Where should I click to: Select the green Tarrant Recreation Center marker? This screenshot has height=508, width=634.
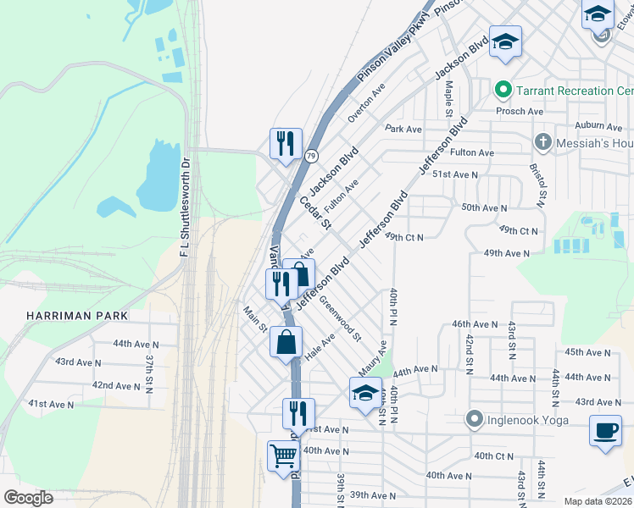pos(503,90)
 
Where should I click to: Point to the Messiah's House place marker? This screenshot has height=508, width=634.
pos(543,142)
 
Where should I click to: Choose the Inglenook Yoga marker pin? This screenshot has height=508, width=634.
pos(474,419)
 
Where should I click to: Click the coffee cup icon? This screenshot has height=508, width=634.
pos(606,428)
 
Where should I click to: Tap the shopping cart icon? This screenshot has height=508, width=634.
pos(284,456)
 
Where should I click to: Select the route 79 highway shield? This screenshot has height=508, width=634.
pos(312,156)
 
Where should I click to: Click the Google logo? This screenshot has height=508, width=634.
pos(29,498)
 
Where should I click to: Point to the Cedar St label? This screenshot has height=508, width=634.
pos(314,213)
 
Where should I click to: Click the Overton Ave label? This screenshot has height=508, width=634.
pos(367,102)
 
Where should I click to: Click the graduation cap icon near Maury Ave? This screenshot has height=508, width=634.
pos(365,392)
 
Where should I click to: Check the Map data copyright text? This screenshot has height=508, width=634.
pos(598,501)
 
